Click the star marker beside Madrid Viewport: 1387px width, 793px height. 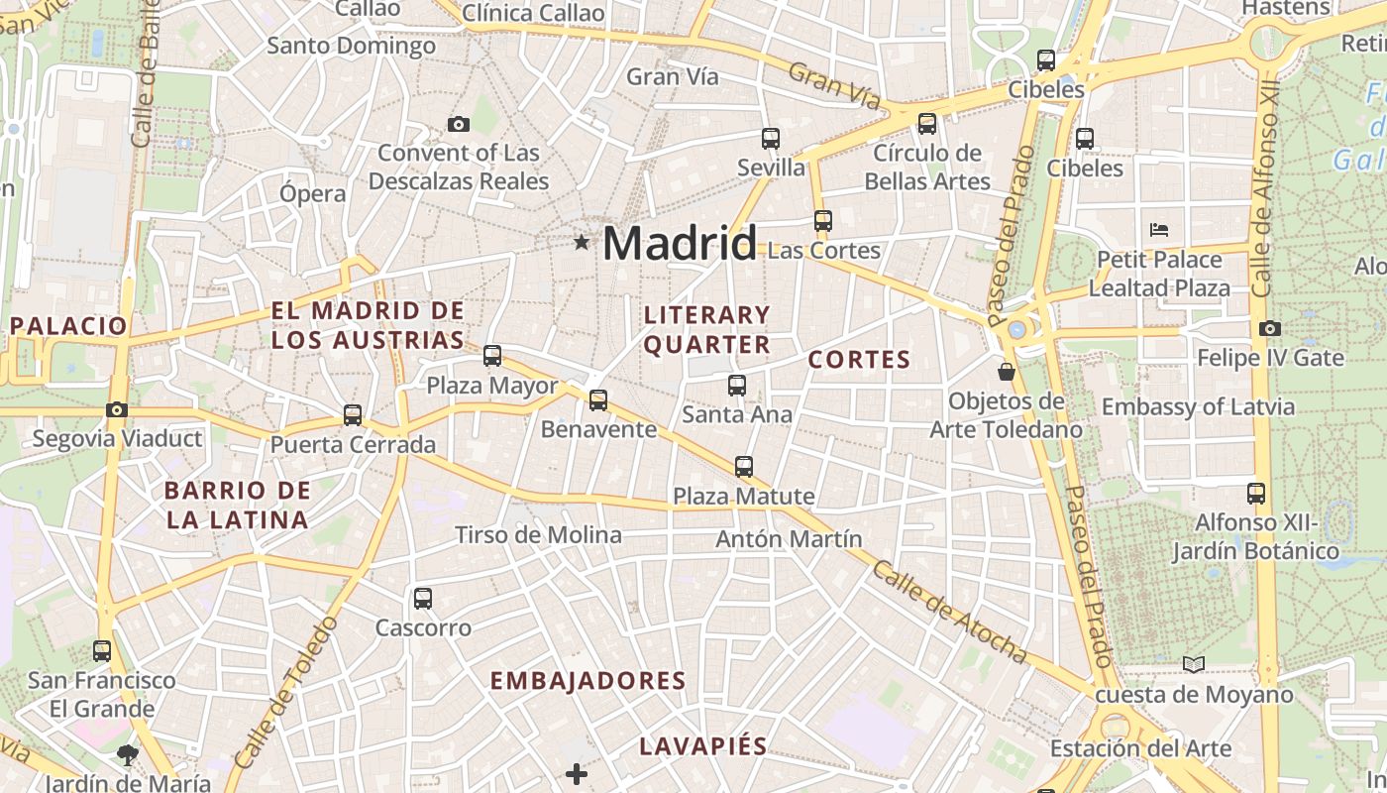coord(582,242)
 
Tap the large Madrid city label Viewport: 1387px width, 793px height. coord(680,243)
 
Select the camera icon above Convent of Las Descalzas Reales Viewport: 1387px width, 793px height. coord(458,124)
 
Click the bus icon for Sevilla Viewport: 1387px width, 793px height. coord(771,139)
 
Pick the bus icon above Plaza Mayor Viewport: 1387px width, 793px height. coord(492,356)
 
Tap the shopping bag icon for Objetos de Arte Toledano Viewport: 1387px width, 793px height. coord(1007,372)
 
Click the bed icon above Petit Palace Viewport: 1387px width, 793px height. coord(1159,230)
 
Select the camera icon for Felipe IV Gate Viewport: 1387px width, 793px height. coord(1270,328)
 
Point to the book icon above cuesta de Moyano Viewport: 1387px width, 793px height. coord(1194,664)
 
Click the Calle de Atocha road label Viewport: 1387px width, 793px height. coord(950,612)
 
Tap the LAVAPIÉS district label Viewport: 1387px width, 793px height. coord(703,746)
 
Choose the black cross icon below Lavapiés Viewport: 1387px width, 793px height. coord(577,773)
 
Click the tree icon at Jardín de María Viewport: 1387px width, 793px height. coord(128,755)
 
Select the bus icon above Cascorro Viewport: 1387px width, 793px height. coord(423,599)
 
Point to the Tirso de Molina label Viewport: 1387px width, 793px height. coord(538,535)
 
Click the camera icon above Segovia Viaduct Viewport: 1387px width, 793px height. coord(117,409)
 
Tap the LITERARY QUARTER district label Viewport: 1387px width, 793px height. coord(707,330)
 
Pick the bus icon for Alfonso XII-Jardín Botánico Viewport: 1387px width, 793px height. coord(1256,493)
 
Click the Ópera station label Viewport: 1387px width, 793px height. coord(312,193)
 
